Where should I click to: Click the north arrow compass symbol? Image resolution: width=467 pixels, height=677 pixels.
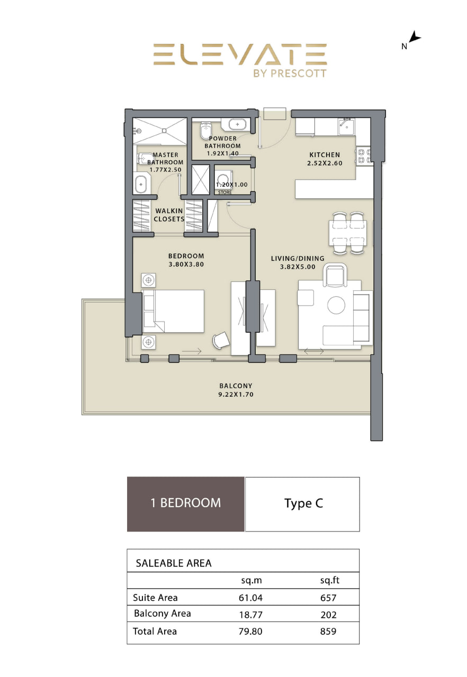point(414,37)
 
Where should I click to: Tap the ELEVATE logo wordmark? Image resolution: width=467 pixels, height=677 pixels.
point(240,54)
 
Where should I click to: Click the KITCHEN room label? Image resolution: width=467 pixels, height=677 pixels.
point(325,155)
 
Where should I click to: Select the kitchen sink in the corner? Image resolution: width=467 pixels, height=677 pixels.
point(346,126)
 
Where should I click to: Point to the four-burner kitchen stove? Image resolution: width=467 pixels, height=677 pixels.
point(364,155)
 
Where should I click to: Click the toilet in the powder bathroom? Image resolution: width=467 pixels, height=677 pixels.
point(205,131)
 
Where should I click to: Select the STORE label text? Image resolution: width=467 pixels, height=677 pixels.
point(224,193)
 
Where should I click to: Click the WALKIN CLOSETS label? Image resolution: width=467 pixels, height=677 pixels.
point(169,215)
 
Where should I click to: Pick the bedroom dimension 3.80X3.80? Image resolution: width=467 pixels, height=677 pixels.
point(186,264)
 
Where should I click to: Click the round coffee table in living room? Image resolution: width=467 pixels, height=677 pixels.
point(336,305)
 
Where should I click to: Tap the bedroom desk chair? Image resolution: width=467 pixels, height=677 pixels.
point(221,340)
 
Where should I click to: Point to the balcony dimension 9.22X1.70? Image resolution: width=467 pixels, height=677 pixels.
point(236,395)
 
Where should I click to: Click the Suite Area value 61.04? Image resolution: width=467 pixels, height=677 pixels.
point(250,598)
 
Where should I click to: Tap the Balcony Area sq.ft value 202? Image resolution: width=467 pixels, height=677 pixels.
point(328,615)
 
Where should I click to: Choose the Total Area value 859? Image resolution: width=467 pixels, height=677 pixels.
point(328,632)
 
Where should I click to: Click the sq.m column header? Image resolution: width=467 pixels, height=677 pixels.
point(252,581)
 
